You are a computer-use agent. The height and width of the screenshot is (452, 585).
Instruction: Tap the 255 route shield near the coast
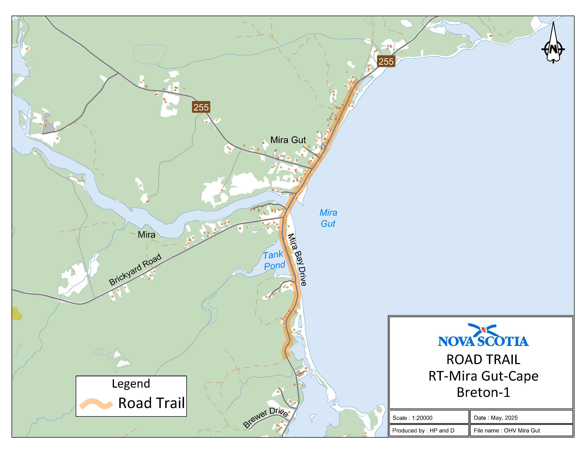[x=386, y=62]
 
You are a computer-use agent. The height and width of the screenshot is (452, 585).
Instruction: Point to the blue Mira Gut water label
[x=328, y=218]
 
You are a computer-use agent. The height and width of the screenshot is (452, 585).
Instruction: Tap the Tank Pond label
[x=274, y=260]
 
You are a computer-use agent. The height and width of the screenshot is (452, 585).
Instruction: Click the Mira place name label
[x=147, y=235]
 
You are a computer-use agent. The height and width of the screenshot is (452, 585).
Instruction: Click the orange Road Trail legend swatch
[x=96, y=404]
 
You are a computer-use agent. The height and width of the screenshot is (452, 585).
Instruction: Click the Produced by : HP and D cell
[x=423, y=430]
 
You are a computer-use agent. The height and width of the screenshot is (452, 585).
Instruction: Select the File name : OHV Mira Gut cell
[x=506, y=430]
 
